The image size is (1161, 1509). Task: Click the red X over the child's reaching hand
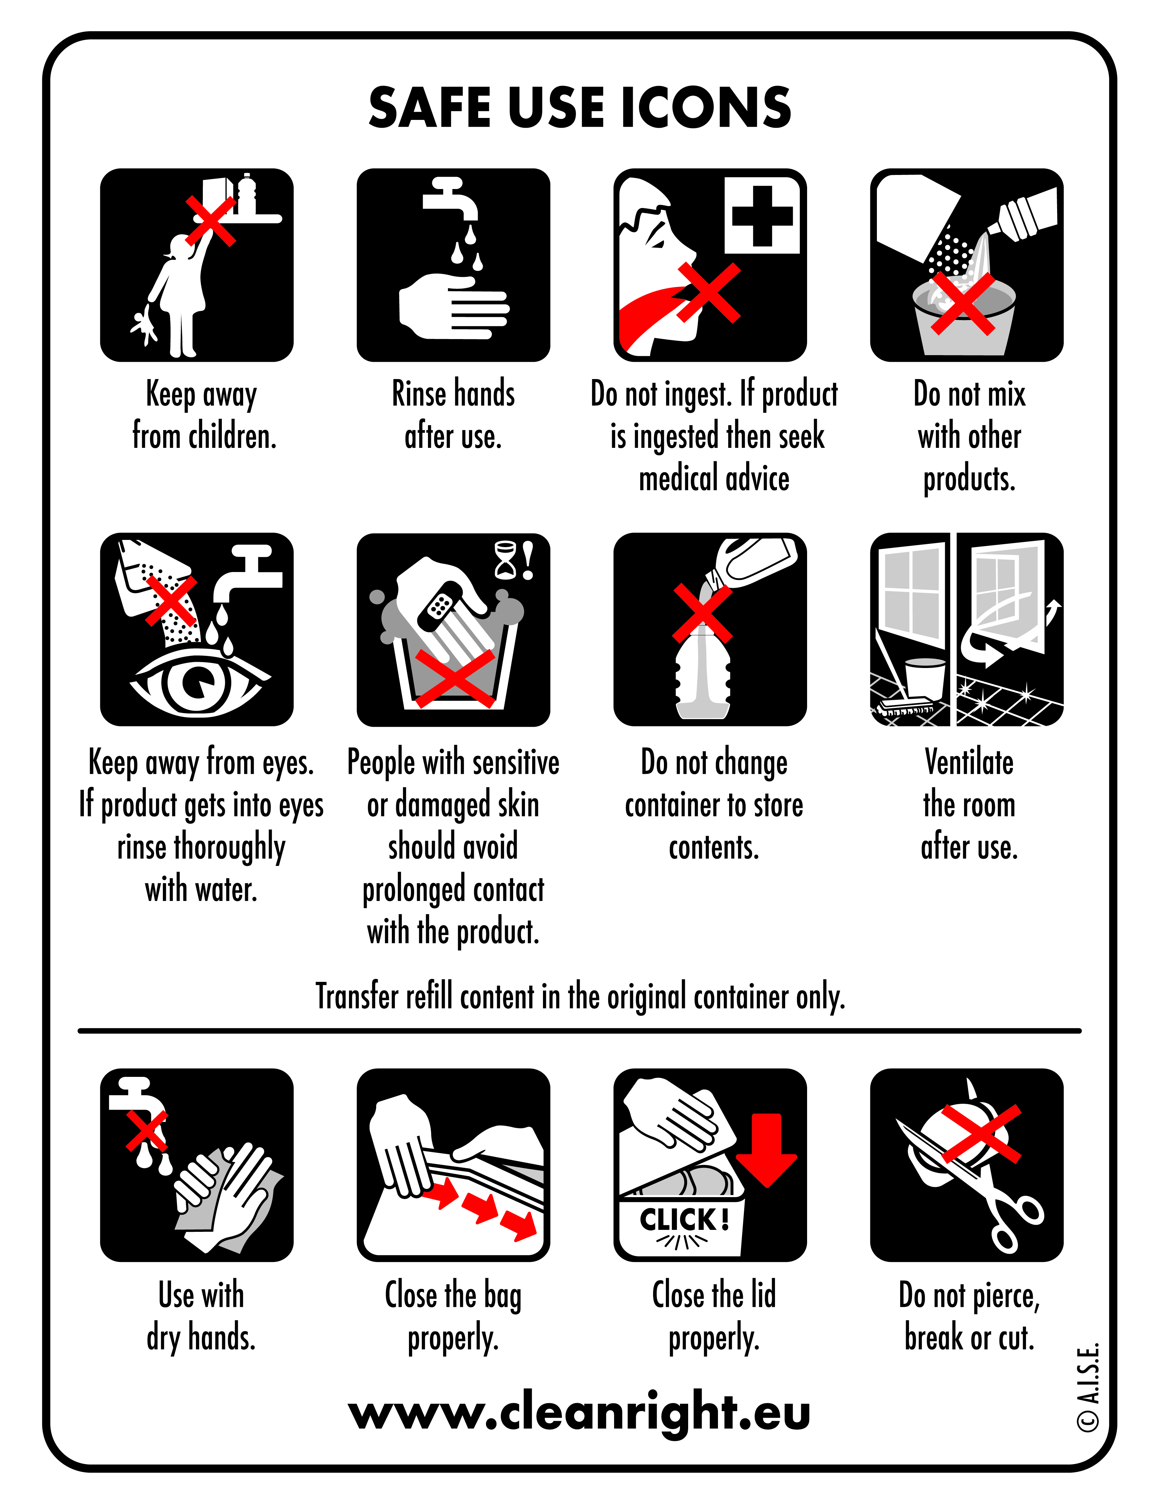click(211, 221)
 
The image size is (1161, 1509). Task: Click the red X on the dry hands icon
click(146, 1131)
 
